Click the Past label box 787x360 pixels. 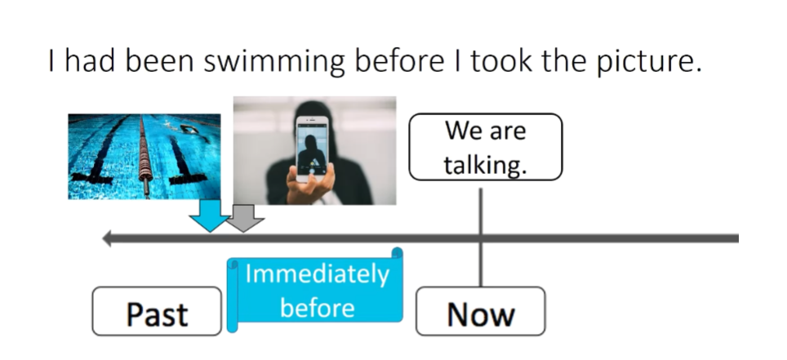(157, 313)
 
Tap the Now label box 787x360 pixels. (480, 313)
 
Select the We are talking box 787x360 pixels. (486, 147)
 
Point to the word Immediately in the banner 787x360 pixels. (317, 275)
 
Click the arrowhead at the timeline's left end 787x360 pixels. (107, 238)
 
